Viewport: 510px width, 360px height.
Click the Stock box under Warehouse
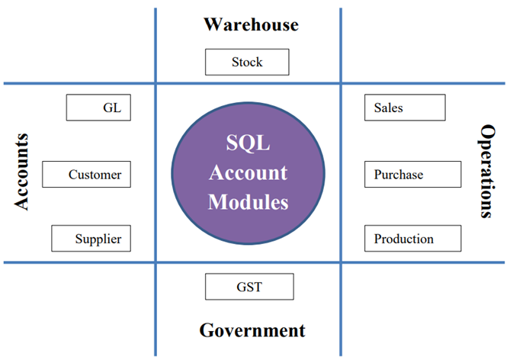point(247,62)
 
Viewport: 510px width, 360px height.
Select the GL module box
point(98,108)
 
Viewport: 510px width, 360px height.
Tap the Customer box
point(86,175)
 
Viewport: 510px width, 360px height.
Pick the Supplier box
point(90,239)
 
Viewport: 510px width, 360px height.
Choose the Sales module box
point(405,108)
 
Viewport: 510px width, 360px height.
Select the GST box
point(249,287)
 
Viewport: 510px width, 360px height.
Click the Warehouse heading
point(251,24)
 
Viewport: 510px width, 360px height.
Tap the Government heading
point(252,331)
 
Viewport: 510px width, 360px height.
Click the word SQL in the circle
point(248,143)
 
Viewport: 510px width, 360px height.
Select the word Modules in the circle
point(248,202)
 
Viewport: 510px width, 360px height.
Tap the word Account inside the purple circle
point(248,172)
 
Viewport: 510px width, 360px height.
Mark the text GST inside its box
point(249,288)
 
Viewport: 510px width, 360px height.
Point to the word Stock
point(247,62)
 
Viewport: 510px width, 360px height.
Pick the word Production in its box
point(404,239)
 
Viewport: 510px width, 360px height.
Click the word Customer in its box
point(95,175)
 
